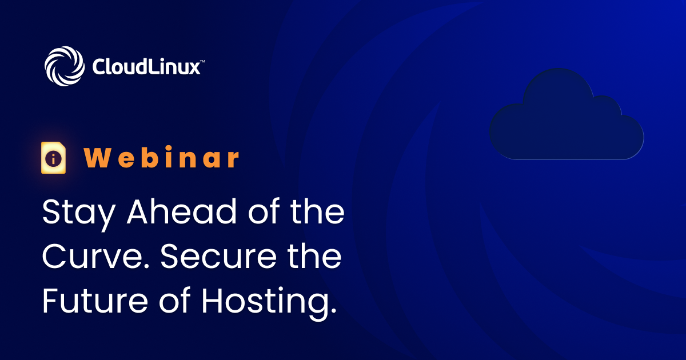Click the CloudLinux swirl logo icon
(65, 66)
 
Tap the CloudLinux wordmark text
(146, 66)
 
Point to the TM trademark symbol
(202, 59)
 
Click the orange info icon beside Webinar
(54, 158)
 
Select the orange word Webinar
(162, 158)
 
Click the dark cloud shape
(566, 117)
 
